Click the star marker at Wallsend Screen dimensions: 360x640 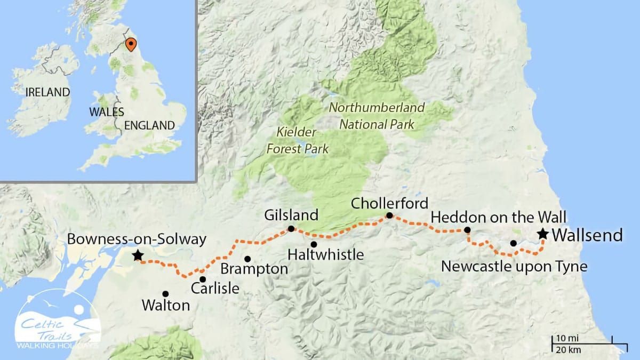pyautogui.click(x=543, y=234)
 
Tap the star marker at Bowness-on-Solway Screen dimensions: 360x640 pyautogui.click(x=138, y=255)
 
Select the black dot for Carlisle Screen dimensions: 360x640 pyautogui.click(x=203, y=279)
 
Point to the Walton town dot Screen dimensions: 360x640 pyautogui.click(x=165, y=293)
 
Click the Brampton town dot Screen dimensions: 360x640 pyautogui.click(x=247, y=259)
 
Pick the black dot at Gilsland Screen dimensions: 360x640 pyautogui.click(x=291, y=229)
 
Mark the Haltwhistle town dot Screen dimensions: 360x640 pyautogui.click(x=314, y=244)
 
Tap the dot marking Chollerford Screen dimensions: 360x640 pyautogui.click(x=389, y=215)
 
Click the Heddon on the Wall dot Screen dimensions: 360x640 pyautogui.click(x=467, y=230)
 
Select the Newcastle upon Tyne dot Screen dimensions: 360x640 pyautogui.click(x=513, y=243)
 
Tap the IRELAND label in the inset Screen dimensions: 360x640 pyautogui.click(x=46, y=92)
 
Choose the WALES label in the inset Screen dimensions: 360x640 pyautogui.click(x=107, y=112)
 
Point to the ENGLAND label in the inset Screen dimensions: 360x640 pyautogui.click(x=149, y=126)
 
